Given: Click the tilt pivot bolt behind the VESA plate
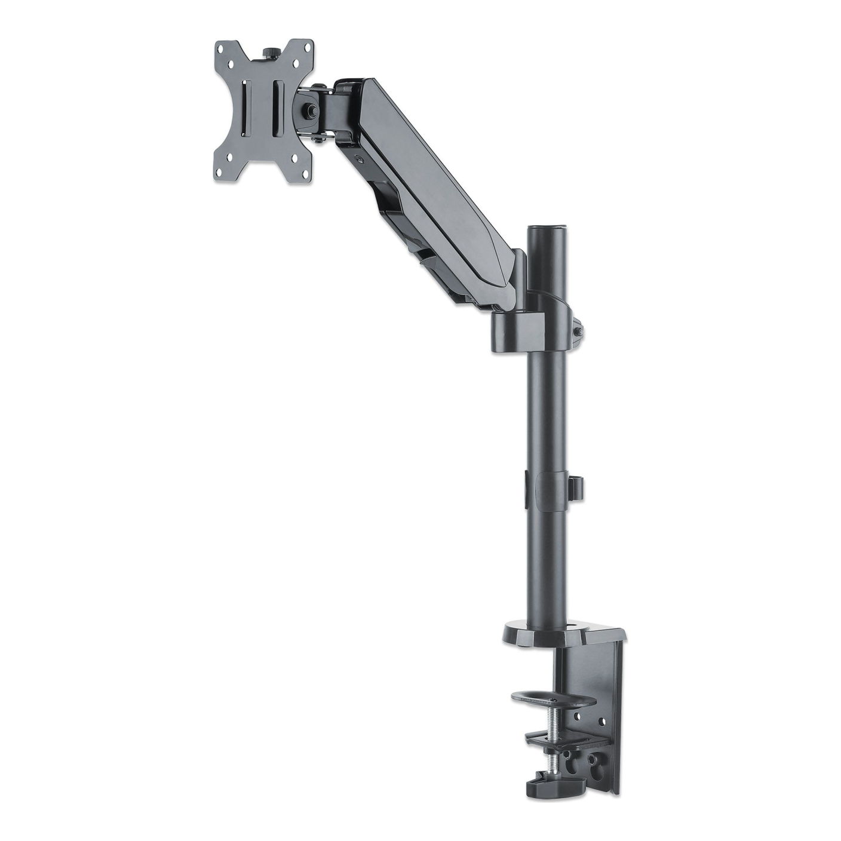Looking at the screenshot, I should pyautogui.click(x=311, y=111).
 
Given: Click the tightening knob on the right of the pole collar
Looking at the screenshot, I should pyautogui.click(x=578, y=332).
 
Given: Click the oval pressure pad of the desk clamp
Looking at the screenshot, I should pyautogui.click(x=553, y=700).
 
